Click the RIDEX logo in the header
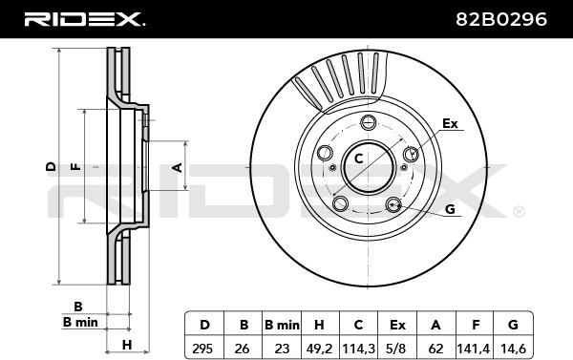(x=85, y=19)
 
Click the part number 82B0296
(x=501, y=19)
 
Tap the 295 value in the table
(x=202, y=349)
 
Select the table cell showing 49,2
(x=319, y=349)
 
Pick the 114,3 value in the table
(x=358, y=349)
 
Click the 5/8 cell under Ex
(x=397, y=349)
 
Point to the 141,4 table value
(x=474, y=349)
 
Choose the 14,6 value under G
(x=513, y=349)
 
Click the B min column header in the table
(x=282, y=325)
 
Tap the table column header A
(x=435, y=325)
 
